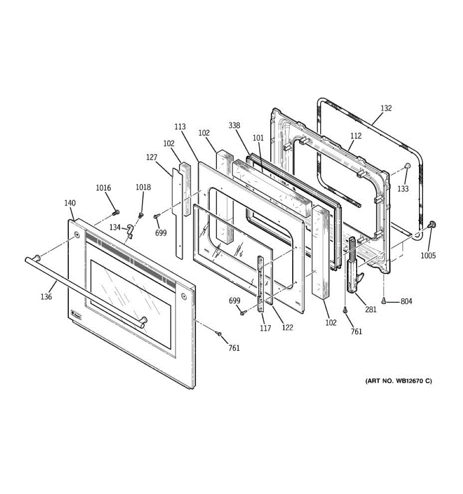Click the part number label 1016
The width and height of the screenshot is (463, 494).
click(103, 188)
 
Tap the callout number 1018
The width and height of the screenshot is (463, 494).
click(143, 187)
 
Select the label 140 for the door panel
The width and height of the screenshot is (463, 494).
click(70, 203)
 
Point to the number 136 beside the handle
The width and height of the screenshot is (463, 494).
click(46, 296)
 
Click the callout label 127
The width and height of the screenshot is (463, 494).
click(152, 157)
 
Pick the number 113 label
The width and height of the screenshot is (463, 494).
click(180, 127)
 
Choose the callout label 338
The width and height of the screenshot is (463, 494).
click(234, 126)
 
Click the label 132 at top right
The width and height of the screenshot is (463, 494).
click(386, 108)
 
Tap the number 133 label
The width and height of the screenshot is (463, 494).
click(403, 189)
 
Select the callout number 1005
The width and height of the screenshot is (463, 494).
click(428, 256)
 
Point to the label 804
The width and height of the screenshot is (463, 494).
click(406, 301)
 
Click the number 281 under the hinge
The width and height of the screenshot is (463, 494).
click(371, 310)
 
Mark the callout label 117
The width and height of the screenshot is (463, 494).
click(265, 328)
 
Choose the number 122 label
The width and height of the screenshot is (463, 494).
click(287, 327)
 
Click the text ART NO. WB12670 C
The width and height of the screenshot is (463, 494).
click(398, 381)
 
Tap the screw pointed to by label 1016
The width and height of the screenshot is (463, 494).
click(116, 212)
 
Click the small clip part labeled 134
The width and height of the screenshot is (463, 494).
click(130, 231)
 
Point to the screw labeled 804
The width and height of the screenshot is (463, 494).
click(384, 301)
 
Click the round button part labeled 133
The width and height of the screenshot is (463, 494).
click(408, 166)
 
